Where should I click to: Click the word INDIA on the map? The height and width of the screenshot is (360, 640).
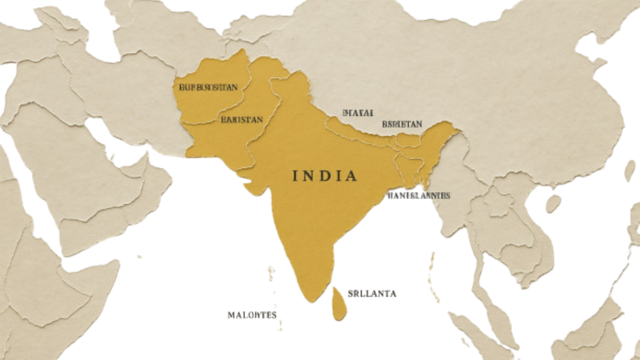coord(324,176)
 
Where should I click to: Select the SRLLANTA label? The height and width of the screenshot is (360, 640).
coord(371,293)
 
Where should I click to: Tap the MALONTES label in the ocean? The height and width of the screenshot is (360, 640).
coord(252,315)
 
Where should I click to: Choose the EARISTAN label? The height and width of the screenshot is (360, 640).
coord(241,120)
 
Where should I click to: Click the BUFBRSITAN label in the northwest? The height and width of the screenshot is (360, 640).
coord(208,87)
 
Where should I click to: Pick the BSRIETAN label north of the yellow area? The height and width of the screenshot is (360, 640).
coord(401,123)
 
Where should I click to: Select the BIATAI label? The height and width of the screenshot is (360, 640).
coord(358,112)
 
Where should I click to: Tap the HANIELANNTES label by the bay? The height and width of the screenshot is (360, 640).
coord(418,195)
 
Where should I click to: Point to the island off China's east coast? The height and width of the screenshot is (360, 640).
coord(629,170)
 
